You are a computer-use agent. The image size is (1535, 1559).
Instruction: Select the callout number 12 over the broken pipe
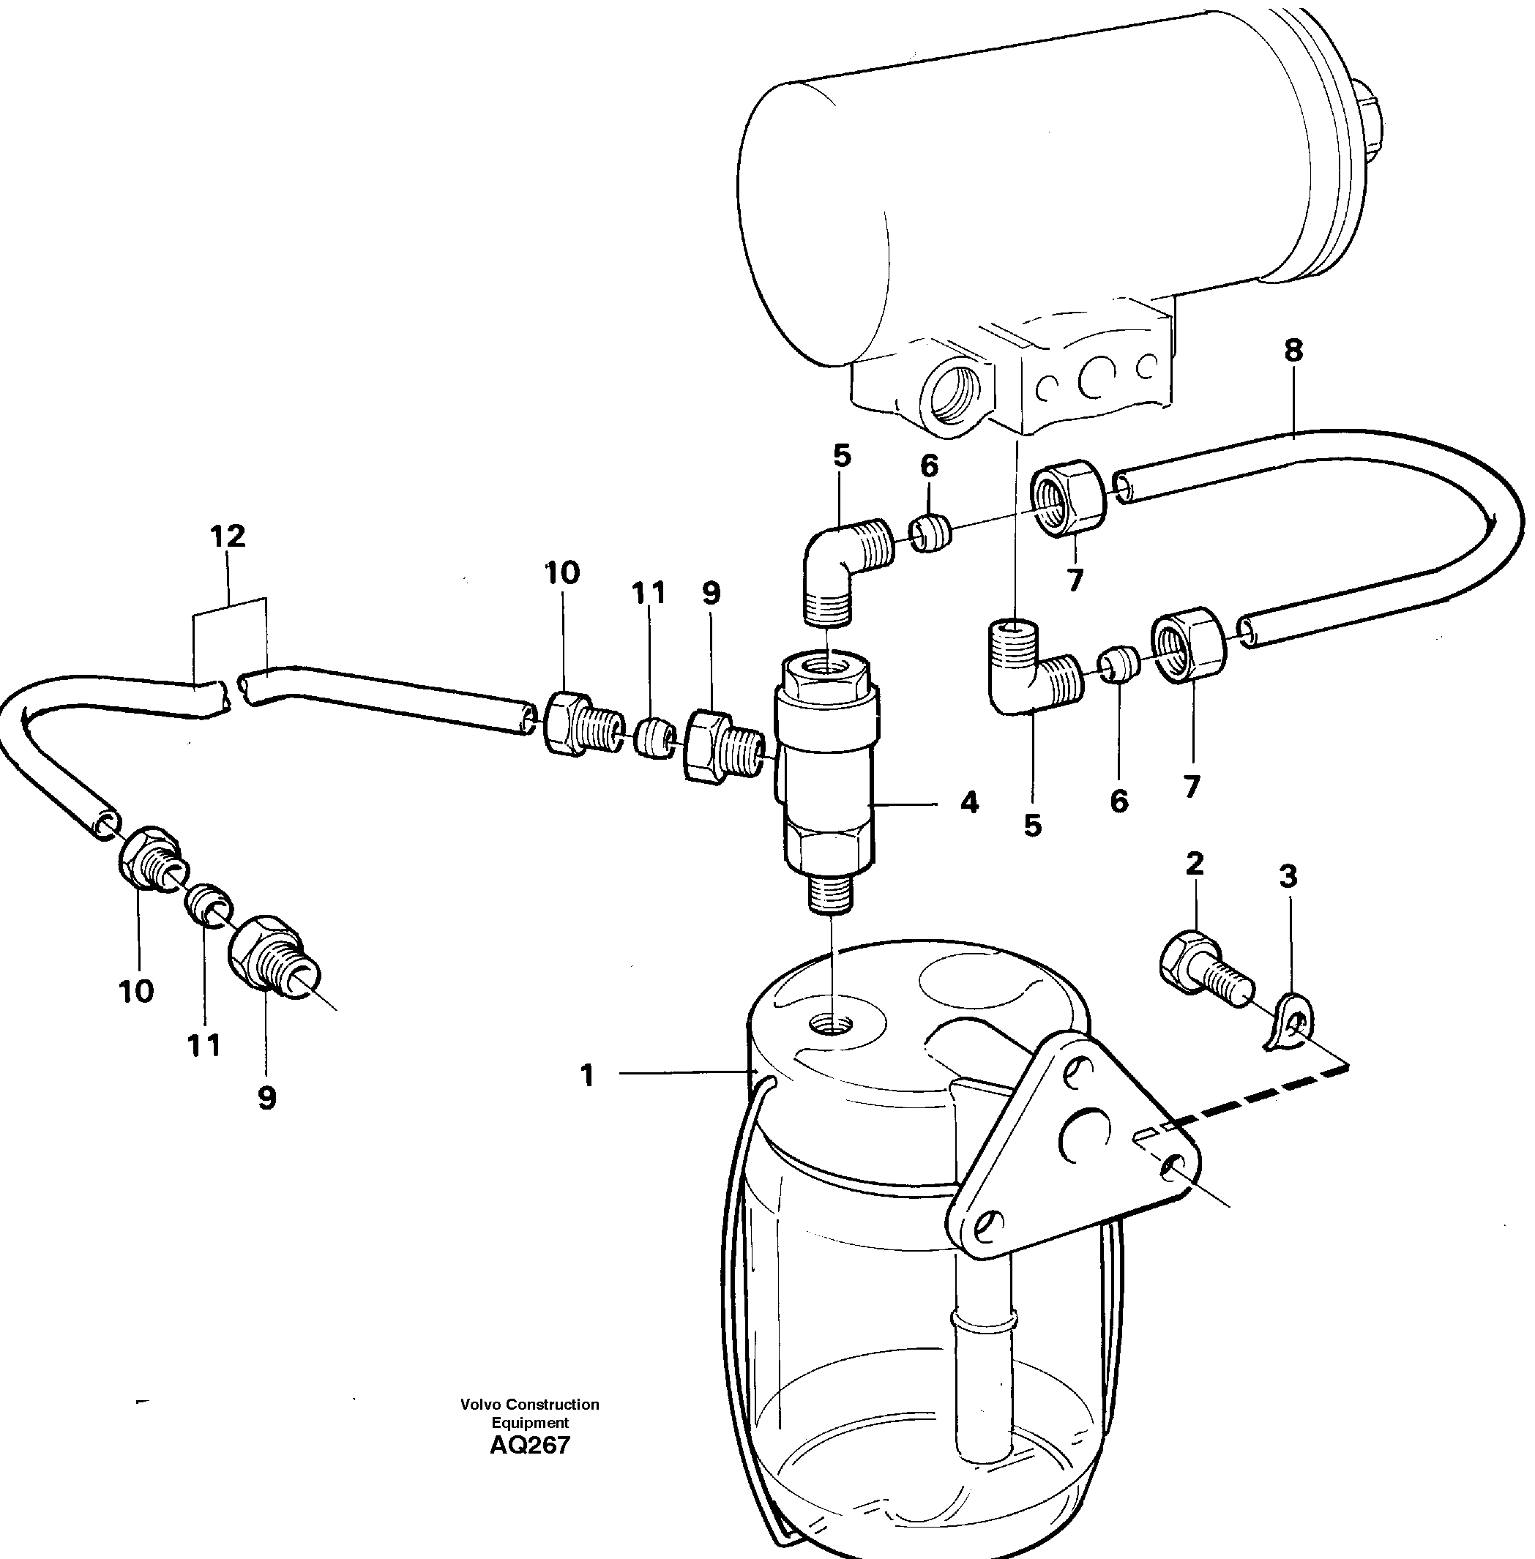coord(228,536)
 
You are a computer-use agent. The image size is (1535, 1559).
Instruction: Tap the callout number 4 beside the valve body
coord(969,802)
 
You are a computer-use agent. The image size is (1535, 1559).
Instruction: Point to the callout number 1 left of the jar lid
coord(587,1075)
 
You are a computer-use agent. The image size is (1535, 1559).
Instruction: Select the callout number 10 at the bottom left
coord(135,991)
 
